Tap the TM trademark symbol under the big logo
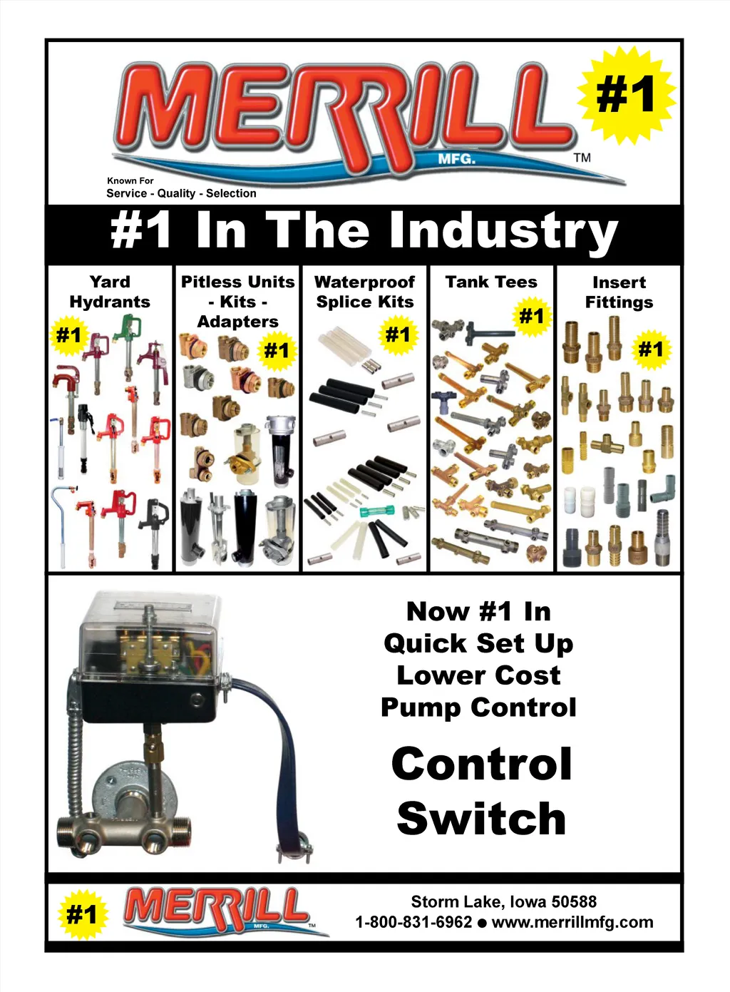click(582, 158)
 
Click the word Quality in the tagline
click(176, 193)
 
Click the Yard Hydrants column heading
click(110, 292)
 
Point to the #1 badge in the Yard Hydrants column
click(69, 335)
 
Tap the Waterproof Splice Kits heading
click(365, 292)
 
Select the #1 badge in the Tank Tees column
click(531, 316)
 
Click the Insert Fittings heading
click(619, 292)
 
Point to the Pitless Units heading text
click(237, 282)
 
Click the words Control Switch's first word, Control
click(482, 764)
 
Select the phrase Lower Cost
click(478, 676)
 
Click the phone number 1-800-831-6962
click(413, 921)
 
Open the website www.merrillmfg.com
click(572, 922)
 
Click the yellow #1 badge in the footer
click(83, 914)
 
